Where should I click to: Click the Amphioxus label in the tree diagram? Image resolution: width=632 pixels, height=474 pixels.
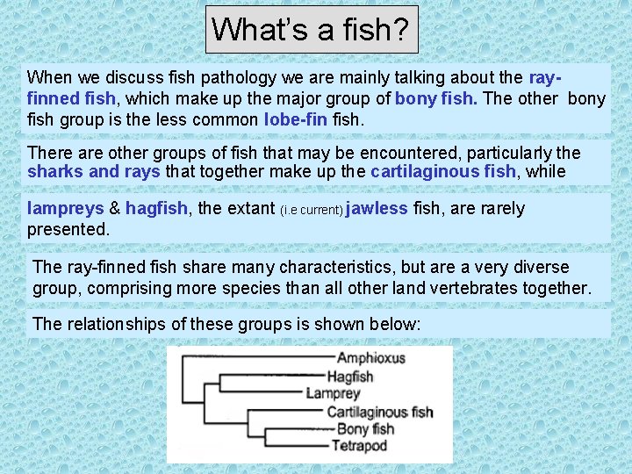pyautogui.click(x=370, y=359)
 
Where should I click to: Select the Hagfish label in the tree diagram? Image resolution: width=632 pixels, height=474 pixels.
pyautogui.click(x=350, y=377)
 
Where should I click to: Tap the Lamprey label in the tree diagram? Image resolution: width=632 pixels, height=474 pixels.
pyautogui.click(x=333, y=394)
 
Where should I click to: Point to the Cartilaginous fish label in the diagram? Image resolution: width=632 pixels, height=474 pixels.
pyautogui.click(x=380, y=412)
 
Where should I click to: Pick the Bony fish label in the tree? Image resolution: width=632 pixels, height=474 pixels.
pyautogui.click(x=365, y=429)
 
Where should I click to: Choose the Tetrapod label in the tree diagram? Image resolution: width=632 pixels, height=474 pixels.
pyautogui.click(x=359, y=446)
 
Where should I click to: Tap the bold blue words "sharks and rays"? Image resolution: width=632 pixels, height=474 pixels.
pyautogui.click(x=94, y=171)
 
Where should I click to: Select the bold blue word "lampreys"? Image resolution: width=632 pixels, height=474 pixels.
pyautogui.click(x=66, y=209)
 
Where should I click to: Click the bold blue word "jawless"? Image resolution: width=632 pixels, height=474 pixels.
pyautogui.click(x=377, y=209)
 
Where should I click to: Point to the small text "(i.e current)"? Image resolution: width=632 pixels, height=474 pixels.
pyautogui.click(x=312, y=211)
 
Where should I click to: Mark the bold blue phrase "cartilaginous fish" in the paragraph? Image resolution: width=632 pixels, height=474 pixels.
pyautogui.click(x=444, y=171)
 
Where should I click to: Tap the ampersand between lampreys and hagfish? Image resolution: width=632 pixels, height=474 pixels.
pyautogui.click(x=115, y=209)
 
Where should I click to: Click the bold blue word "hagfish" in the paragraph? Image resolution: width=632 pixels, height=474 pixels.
pyautogui.click(x=156, y=209)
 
